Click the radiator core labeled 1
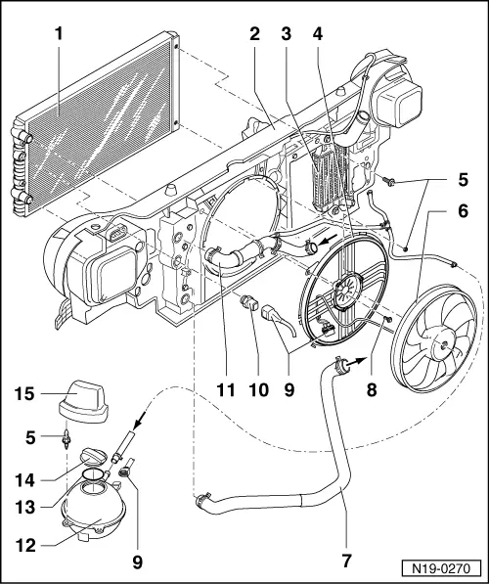98,127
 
